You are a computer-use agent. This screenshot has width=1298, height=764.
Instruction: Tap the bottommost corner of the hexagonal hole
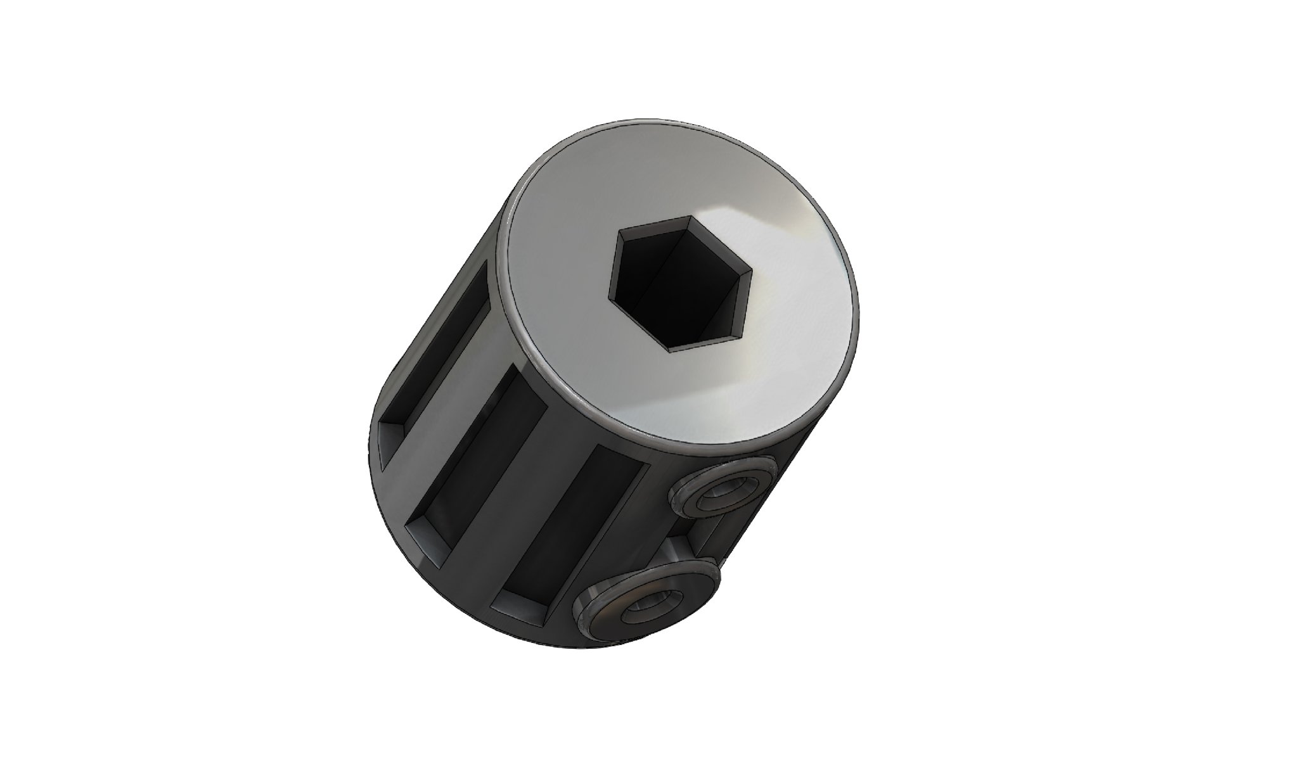coord(671,349)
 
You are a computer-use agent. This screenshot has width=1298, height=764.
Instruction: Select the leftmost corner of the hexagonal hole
coord(610,296)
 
